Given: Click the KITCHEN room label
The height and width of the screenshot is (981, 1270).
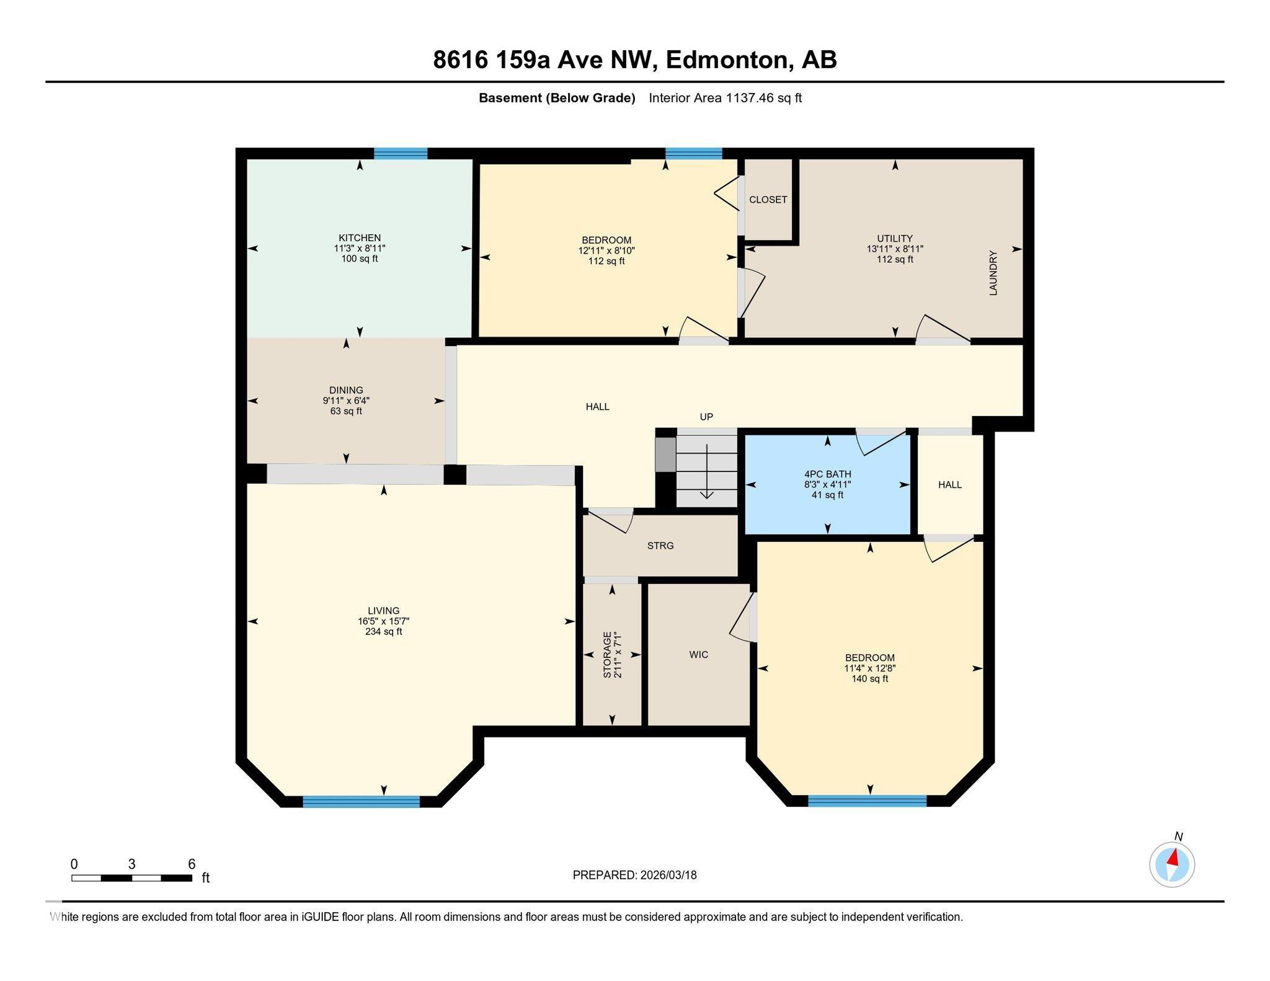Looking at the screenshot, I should coord(359,237).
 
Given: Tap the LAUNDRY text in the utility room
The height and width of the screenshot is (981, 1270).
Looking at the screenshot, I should coord(993,273).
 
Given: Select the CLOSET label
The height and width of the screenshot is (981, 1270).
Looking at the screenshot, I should coord(768,200).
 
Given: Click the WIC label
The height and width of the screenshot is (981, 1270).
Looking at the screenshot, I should coord(698,654).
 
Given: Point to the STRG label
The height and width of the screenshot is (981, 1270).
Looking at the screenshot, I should coord(660,546).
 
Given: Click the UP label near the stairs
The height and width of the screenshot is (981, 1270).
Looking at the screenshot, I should coord(706,417).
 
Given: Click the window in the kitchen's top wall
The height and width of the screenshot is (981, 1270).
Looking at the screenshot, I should coord(401,154).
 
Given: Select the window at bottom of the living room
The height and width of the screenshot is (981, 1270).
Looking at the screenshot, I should coord(361,801).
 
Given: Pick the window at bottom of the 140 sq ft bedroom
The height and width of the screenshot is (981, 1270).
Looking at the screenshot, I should coord(867,801).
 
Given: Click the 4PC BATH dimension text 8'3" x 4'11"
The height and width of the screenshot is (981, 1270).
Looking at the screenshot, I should coord(827,484).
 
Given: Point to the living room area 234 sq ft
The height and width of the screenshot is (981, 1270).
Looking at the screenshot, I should coord(383,631).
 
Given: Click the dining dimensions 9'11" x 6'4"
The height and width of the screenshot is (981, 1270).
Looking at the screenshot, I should coord(346,401).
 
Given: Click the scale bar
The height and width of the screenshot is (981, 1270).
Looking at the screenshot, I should coord(131,877).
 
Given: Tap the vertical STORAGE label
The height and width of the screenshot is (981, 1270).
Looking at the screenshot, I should coord(608,654).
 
